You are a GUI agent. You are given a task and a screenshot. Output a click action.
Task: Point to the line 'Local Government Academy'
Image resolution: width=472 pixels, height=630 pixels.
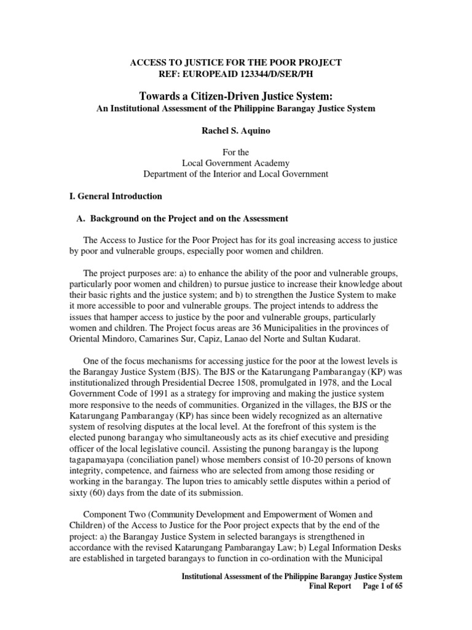pyautogui.click(x=235, y=162)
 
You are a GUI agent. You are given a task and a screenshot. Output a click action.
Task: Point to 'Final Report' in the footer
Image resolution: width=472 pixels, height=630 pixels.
pyautogui.click(x=329, y=587)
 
